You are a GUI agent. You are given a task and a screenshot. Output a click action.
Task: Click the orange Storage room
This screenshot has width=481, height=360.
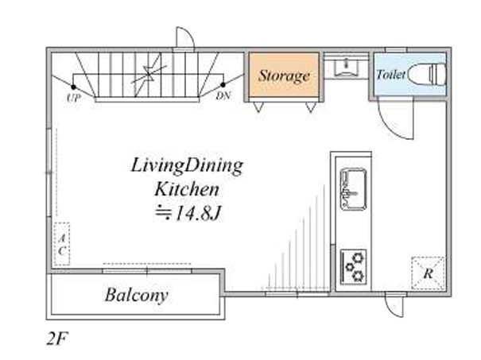284,75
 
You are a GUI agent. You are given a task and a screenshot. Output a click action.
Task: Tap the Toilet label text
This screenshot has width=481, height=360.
391,75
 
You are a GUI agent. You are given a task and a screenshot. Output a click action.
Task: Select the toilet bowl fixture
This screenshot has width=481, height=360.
426,74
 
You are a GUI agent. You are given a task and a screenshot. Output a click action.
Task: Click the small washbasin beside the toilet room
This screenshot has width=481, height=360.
347,67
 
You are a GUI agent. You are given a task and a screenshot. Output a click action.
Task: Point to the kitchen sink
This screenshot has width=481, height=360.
353,189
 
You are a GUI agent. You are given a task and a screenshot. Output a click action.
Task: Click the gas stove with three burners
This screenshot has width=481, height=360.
353,266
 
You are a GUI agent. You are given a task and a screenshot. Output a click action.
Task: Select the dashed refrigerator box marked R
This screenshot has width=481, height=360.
428,273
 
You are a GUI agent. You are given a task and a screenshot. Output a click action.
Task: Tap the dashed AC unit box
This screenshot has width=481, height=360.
62,244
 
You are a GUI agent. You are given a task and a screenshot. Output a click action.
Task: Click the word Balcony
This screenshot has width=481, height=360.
137,295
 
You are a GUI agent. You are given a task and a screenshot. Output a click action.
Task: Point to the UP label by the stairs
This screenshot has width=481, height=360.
74,98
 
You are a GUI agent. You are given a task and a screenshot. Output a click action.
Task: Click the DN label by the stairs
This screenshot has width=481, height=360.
223,96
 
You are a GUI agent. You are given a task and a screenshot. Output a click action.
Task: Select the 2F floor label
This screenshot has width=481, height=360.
57,339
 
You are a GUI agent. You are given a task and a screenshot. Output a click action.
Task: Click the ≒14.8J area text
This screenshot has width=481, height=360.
188,213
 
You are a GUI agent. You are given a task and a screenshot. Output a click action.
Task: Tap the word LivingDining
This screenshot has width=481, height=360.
187,166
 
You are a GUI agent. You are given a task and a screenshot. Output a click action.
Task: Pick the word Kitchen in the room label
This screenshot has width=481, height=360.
187,189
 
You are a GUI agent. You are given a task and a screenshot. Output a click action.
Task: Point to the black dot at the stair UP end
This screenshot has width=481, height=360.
73,87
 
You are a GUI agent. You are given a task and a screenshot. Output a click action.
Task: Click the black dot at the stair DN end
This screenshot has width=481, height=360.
223,84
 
